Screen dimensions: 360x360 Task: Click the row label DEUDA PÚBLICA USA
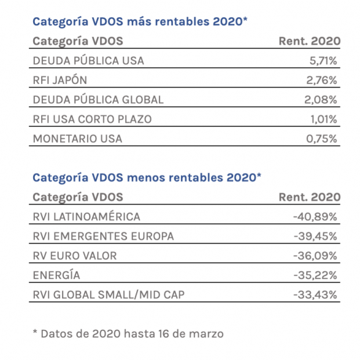[x=88, y=60]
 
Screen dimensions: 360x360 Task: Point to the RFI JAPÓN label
[x=60, y=80]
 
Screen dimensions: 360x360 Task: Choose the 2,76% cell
[x=322, y=80]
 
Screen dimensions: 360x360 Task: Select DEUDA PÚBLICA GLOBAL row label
[x=98, y=100]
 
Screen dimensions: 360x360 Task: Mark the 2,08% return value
[x=322, y=100]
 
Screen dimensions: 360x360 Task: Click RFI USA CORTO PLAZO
[x=92, y=119]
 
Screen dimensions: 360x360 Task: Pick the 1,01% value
[x=324, y=119]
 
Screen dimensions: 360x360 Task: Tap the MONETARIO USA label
[x=77, y=139]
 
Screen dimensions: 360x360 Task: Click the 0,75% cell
[x=322, y=139]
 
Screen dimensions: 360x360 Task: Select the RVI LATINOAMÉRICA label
[x=86, y=217]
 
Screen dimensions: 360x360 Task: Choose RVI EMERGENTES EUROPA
[x=103, y=236]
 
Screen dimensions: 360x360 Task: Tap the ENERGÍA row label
[x=56, y=275]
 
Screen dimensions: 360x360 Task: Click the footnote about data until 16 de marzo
[x=128, y=333]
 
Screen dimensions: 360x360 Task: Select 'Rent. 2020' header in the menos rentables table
[x=310, y=197]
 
